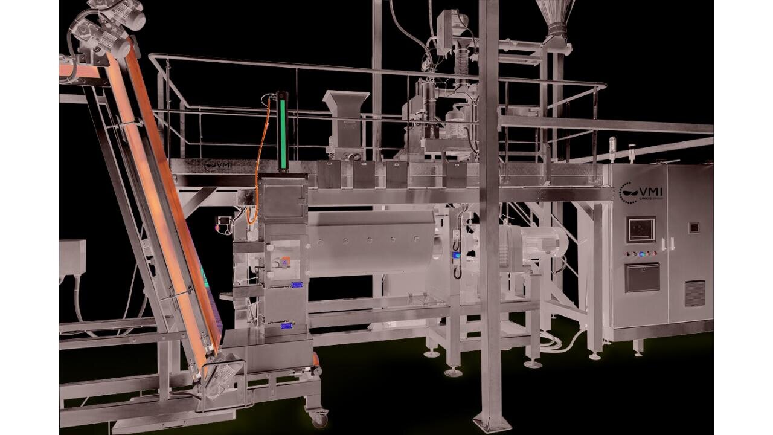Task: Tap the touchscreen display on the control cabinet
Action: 641,230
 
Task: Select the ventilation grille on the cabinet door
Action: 695,293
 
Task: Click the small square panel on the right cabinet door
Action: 694,227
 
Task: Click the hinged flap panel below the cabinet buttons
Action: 642,277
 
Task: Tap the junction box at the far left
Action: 72,257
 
